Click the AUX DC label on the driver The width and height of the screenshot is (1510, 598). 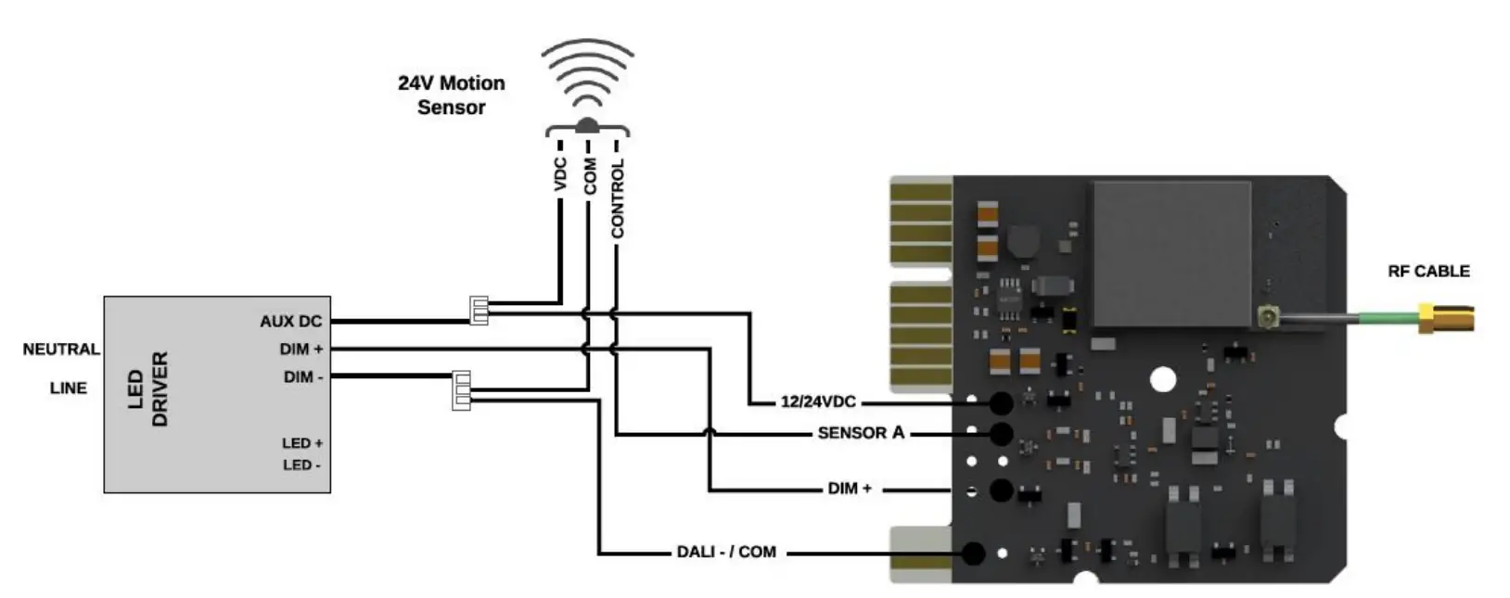pyautogui.click(x=290, y=322)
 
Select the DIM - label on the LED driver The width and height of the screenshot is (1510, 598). pyautogui.click(x=303, y=377)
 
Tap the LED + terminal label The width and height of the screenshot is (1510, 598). pyautogui.click(x=302, y=443)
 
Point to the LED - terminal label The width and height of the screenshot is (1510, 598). pyautogui.click(x=301, y=464)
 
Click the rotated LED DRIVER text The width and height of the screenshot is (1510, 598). pyautogui.click(x=147, y=389)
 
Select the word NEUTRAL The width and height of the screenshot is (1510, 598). pyautogui.click(x=61, y=350)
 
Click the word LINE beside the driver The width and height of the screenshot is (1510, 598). pyautogui.click(x=69, y=388)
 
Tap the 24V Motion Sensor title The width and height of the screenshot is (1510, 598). pyautogui.click(x=452, y=95)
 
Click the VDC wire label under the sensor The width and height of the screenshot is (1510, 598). pyautogui.click(x=560, y=174)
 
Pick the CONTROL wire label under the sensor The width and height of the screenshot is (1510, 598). pyautogui.click(x=618, y=198)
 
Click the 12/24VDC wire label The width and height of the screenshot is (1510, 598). pyautogui.click(x=817, y=402)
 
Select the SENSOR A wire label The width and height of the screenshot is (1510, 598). pyautogui.click(x=860, y=433)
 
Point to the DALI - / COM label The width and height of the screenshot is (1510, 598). pyautogui.click(x=726, y=553)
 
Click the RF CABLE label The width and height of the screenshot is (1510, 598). pyautogui.click(x=1428, y=272)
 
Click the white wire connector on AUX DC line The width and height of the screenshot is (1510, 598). pyautogui.click(x=479, y=311)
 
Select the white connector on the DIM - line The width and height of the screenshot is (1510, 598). pyautogui.click(x=461, y=390)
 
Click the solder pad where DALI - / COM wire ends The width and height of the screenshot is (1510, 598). pyautogui.click(x=973, y=553)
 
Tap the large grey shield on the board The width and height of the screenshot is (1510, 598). pyautogui.click(x=1171, y=253)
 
